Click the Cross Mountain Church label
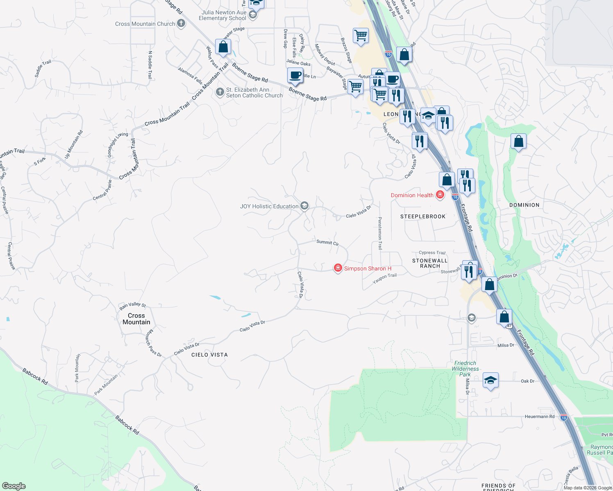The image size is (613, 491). coord(145,24)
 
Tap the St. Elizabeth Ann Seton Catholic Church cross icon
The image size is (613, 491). coord(220,92)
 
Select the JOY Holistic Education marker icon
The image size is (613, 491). coord(304,206)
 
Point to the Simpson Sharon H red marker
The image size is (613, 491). coord(338,268)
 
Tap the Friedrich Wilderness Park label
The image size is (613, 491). coord(465,369)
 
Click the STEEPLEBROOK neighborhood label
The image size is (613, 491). coord(423,216)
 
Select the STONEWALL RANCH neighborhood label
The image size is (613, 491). coord(430,263)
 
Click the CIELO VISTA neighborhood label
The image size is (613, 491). coord(209,355)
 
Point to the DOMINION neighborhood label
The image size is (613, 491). coord(524,205)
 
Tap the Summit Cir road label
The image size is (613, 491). coord(327,243)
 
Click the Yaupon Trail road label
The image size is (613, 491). coord(384,278)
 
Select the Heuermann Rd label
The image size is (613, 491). coord(539,417)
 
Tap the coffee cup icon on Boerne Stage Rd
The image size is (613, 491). coord(295,76)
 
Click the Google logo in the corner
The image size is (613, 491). coord(14,486)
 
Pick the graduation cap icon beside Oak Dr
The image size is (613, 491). coord(490,381)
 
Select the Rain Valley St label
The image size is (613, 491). coord(132,305)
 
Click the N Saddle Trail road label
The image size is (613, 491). coord(150,65)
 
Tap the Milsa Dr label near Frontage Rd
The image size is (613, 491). coord(506,345)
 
